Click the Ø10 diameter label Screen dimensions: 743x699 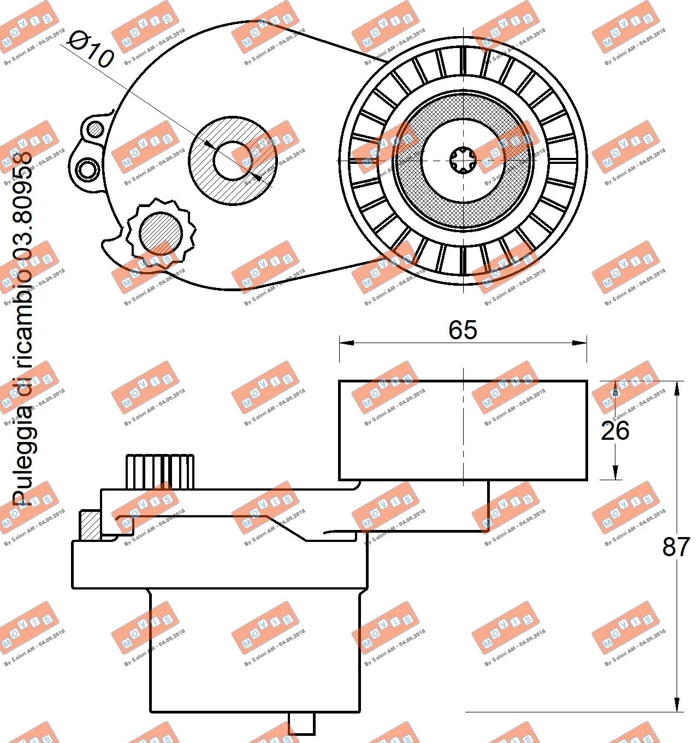91,49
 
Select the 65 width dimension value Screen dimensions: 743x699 463,330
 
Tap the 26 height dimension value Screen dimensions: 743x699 615,431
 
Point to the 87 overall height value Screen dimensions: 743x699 676,546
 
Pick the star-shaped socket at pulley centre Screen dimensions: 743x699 463,161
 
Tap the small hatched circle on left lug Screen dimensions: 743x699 96,129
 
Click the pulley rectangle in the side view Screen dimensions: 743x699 463,430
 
